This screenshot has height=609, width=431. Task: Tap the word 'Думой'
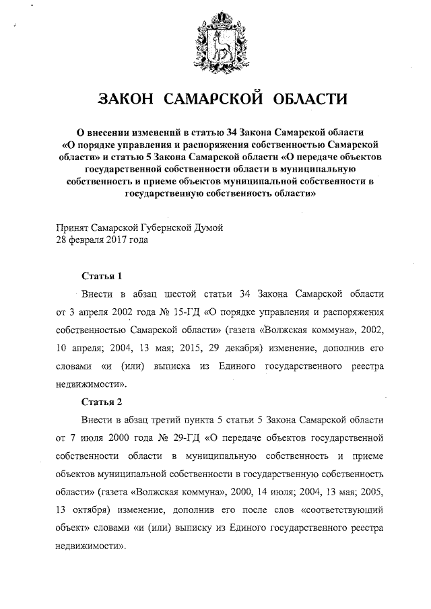[x=207, y=228]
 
